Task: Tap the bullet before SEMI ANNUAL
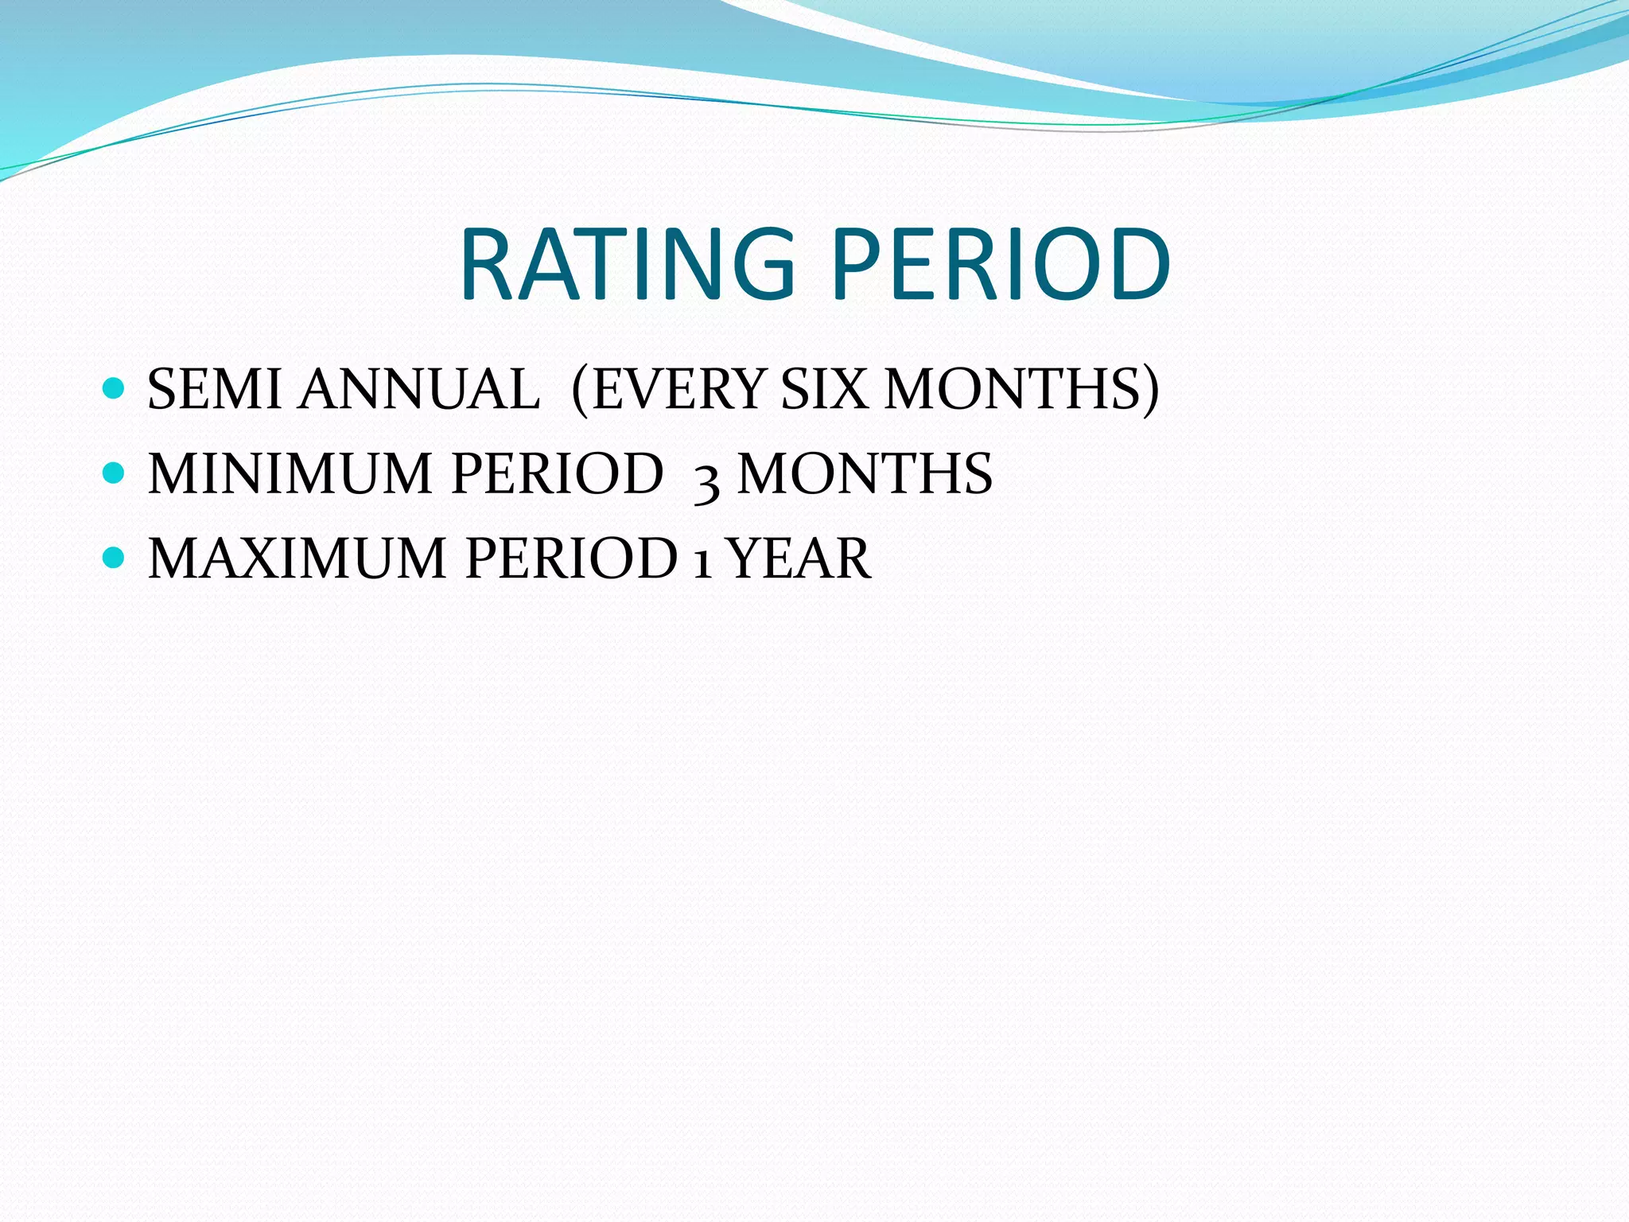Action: click(x=115, y=388)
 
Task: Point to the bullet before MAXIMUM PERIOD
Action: click(x=115, y=558)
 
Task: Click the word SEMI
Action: click(x=214, y=390)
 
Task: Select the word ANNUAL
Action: click(x=419, y=390)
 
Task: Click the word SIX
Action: click(x=823, y=390)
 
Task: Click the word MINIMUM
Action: click(x=290, y=474)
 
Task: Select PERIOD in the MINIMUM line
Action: click(x=557, y=474)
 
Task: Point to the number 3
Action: click(x=707, y=479)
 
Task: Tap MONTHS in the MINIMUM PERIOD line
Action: click(x=865, y=474)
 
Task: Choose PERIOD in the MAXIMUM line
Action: click(x=570, y=558)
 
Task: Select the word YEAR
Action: click(x=799, y=558)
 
